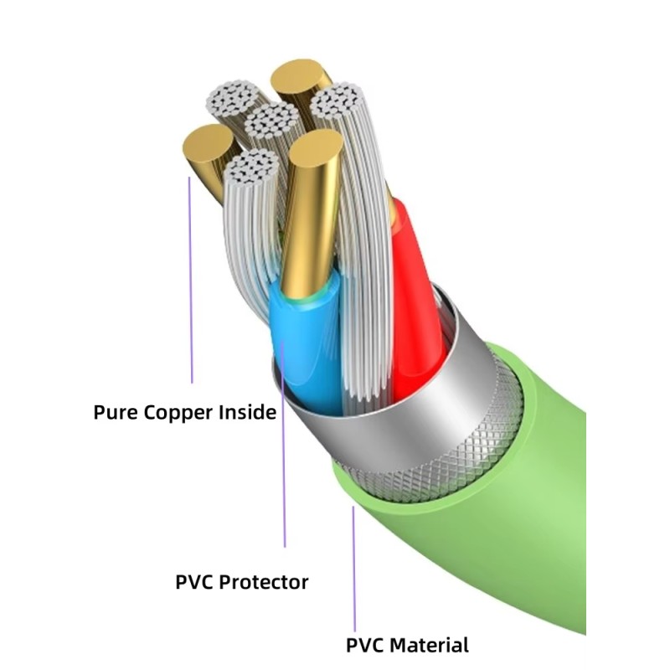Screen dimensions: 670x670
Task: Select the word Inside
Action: [x=247, y=412]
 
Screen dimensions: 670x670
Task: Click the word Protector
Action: [x=265, y=582]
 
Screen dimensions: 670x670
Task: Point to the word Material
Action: [x=427, y=646]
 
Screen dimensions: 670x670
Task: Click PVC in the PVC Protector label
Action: [x=194, y=582]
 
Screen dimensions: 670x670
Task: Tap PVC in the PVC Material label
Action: [x=365, y=646]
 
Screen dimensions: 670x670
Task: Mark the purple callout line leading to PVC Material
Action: [x=353, y=569]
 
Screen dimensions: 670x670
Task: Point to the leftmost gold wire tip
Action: [x=206, y=146]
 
